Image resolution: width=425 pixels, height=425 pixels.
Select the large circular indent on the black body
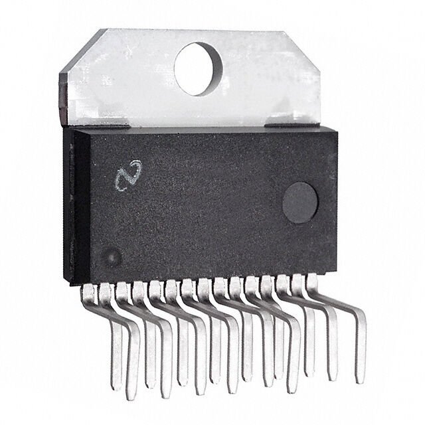[x=299, y=204]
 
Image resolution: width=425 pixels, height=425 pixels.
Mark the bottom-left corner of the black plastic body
[x=74, y=284]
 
